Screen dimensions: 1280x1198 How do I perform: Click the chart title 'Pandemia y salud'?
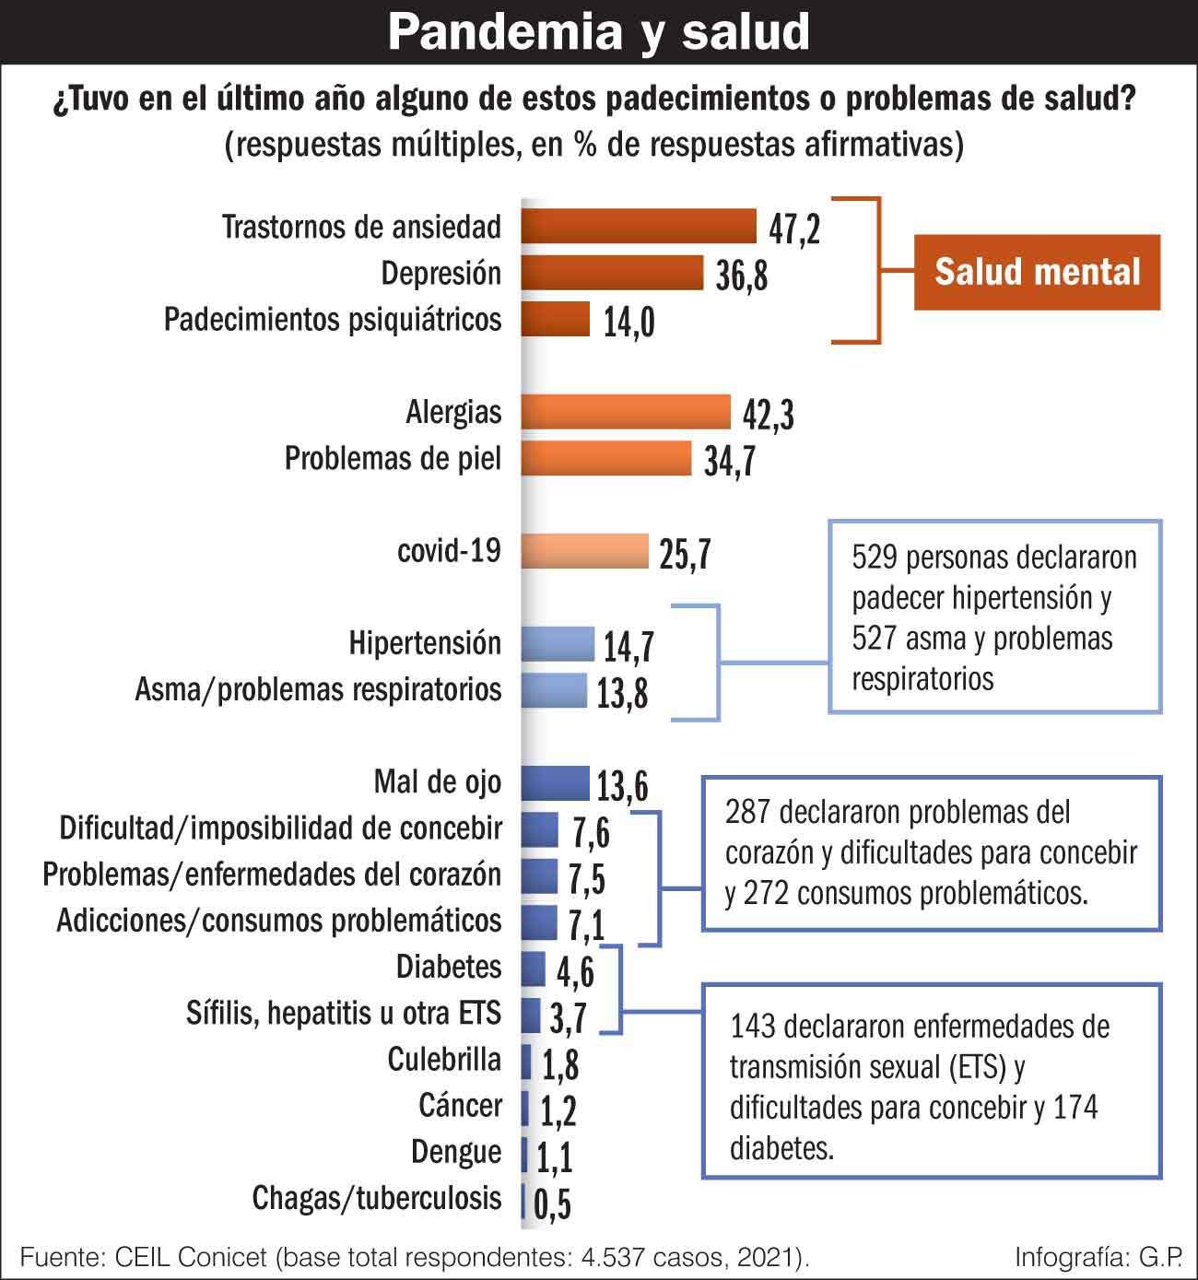click(598, 31)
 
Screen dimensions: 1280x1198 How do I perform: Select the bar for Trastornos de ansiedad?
click(639, 226)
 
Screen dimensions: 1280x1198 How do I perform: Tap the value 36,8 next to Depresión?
click(741, 276)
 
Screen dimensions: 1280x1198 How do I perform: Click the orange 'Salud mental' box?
click(1037, 272)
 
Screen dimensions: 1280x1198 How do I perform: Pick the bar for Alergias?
click(626, 412)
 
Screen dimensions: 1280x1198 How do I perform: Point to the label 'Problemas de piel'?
click(393, 458)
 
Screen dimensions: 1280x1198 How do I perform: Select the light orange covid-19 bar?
click(585, 551)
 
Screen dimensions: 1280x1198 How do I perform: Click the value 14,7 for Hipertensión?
click(628, 647)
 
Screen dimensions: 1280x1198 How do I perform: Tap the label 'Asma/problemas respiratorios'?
click(318, 689)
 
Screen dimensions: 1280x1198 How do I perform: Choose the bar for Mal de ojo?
click(555, 782)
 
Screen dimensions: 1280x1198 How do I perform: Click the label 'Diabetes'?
click(449, 967)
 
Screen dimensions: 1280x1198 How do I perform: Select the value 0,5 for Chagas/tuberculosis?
click(552, 1204)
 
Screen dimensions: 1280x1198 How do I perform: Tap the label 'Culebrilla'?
click(444, 1060)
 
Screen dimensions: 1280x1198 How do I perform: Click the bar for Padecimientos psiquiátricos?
click(556, 319)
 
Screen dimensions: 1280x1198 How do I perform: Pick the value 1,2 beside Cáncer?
click(558, 1111)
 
